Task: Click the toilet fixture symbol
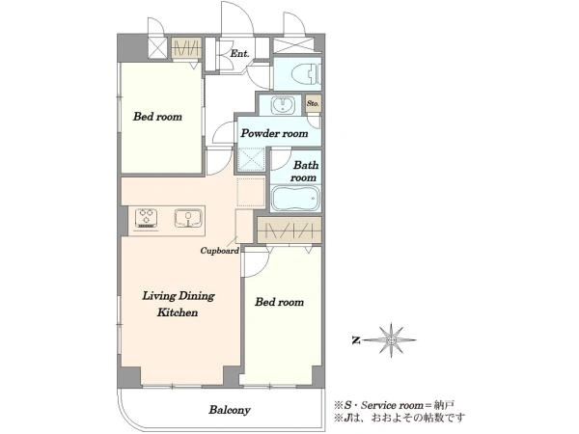coord(306,74)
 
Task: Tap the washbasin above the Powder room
coord(283,105)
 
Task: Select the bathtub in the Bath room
coord(295,199)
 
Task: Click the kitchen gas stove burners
coord(147,218)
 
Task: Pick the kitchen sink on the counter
coord(188,218)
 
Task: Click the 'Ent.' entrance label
coord(239,53)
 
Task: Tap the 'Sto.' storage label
coord(313,104)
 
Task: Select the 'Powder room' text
coord(274,133)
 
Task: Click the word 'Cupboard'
coord(219,251)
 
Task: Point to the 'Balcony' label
coord(230,410)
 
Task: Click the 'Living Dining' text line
coord(179,296)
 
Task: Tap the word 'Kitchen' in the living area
coord(178,312)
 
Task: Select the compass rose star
coord(392,339)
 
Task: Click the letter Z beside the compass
coord(356,340)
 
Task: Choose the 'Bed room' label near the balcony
coord(280,302)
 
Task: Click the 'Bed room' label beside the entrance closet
coord(157,117)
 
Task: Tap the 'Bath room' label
coord(304,172)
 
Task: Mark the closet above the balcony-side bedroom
coord(289,230)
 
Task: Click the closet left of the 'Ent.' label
coord(186,48)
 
